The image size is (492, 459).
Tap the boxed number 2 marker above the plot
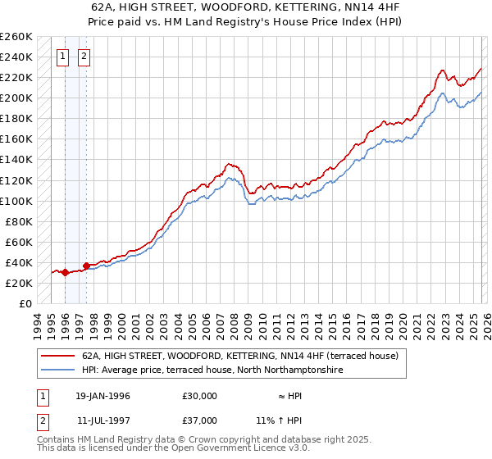(x=84, y=57)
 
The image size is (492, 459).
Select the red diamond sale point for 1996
(x=65, y=273)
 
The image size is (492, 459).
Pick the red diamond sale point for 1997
(x=85, y=266)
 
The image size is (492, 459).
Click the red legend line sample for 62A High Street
(x=57, y=356)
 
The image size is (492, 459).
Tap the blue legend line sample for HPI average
(x=57, y=370)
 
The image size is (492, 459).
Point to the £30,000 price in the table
(x=200, y=395)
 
